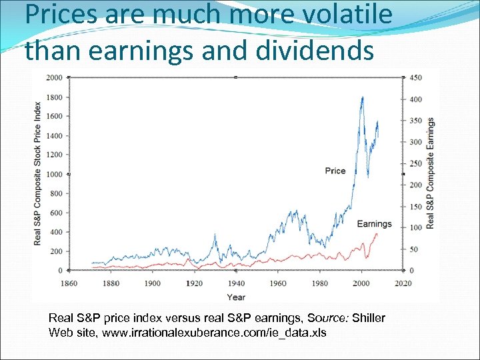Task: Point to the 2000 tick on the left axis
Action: (53, 78)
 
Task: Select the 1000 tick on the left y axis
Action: (53, 175)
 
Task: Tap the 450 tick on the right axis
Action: (415, 78)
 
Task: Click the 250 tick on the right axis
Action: (415, 164)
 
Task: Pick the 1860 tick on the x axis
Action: (70, 283)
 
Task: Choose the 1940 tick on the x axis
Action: (235, 283)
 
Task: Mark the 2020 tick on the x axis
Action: (402, 283)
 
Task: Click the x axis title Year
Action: (235, 297)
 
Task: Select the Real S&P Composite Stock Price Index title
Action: (37, 173)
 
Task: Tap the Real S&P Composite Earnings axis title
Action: (431, 173)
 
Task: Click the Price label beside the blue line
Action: (335, 171)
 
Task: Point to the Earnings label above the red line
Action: (374, 224)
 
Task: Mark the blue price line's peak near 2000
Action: (362, 97)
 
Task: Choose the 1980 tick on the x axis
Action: (319, 283)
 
